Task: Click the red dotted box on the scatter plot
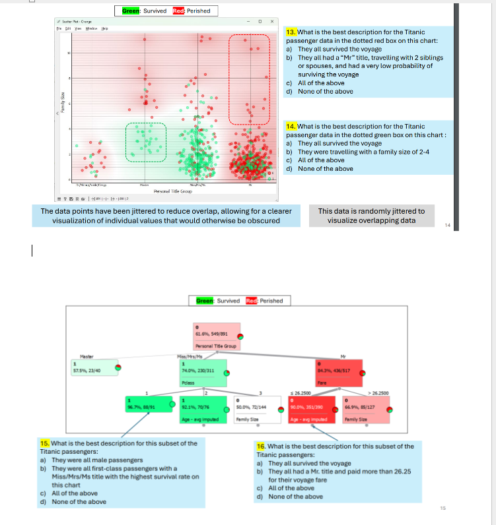pos(249,79)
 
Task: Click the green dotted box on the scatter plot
pos(147,142)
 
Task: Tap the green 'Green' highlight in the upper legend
pos(131,11)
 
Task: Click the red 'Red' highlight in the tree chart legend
pos(251,301)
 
